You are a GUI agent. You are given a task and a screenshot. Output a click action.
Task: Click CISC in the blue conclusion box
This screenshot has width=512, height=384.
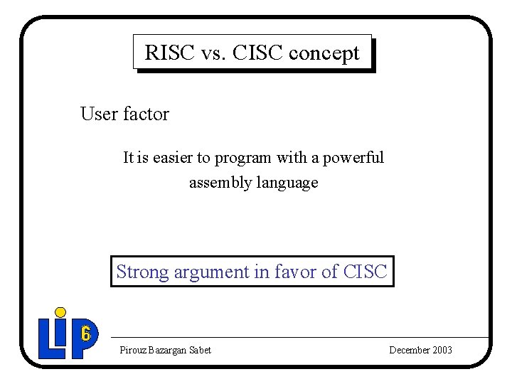click(x=365, y=272)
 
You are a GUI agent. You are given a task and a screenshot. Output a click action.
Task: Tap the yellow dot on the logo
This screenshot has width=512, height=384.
click(x=61, y=313)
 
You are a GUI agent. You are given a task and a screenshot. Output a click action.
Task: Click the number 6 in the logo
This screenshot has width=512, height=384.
click(x=85, y=332)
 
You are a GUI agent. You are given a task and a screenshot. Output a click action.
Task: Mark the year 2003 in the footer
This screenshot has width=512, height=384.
click(x=441, y=350)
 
